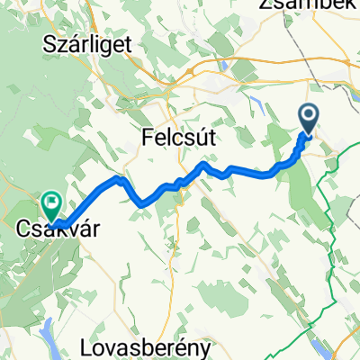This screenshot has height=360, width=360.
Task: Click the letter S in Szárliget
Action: coord(49,42)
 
